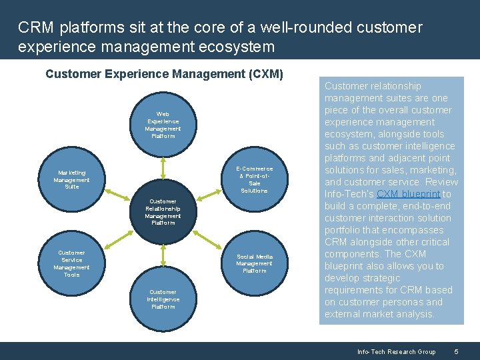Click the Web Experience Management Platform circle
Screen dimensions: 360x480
(163, 125)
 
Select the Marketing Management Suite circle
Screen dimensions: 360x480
(71, 179)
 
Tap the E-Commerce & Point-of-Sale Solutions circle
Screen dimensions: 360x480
(254, 179)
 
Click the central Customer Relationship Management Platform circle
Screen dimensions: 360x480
(163, 212)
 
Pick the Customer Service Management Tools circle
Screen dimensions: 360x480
(71, 263)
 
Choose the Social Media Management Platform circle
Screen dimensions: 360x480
(254, 263)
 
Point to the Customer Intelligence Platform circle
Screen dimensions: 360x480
(163, 299)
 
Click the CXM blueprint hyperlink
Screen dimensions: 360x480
(408, 194)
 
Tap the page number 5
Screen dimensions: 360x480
(456, 351)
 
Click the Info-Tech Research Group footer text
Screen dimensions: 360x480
(396, 351)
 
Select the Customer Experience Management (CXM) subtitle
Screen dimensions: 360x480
(164, 74)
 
